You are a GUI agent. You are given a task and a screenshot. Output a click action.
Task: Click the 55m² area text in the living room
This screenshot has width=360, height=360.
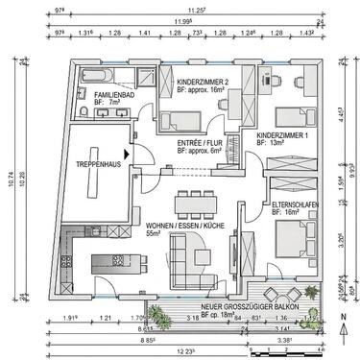click(152, 232)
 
